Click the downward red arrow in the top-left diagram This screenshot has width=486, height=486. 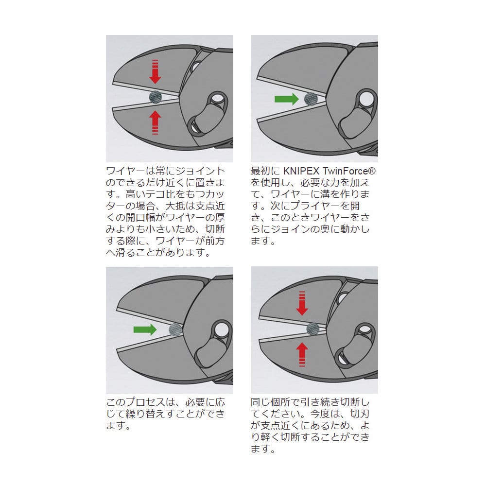tap(155, 71)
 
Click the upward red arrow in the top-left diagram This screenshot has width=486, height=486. tap(155, 123)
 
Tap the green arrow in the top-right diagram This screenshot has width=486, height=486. tap(287, 99)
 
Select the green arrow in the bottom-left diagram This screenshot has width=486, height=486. tap(145, 330)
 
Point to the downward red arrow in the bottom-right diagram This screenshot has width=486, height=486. tap(302, 303)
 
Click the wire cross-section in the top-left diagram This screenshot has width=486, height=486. tap(156, 97)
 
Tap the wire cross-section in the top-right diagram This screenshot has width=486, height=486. tap(311, 99)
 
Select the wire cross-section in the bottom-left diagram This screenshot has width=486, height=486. tap(175, 329)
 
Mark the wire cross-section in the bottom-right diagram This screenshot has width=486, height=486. tap(313, 329)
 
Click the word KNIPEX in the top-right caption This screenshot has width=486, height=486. tap(301, 171)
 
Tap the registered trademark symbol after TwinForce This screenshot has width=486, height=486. tap(372, 171)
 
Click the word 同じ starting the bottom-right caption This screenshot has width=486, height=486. tap(260, 402)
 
